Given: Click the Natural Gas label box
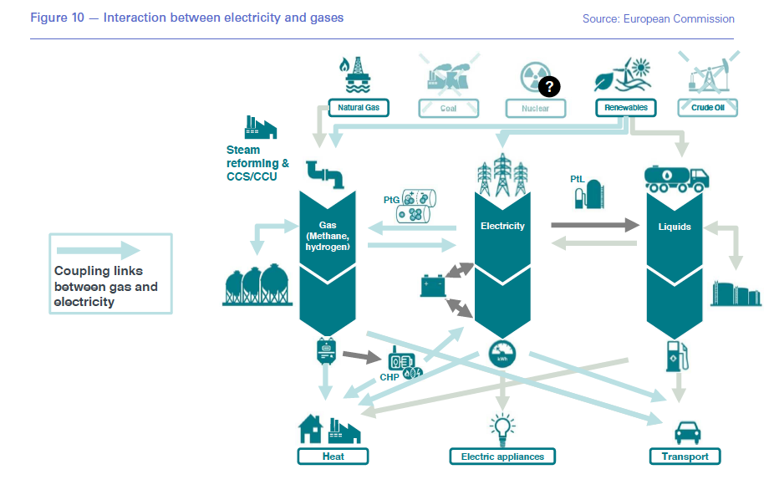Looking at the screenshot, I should click(359, 108).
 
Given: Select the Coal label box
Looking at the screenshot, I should click(449, 108).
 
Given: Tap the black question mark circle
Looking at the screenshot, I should click(549, 86).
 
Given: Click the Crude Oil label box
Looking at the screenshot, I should click(708, 108).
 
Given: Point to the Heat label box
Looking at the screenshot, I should click(333, 457).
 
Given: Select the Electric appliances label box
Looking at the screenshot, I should click(502, 457).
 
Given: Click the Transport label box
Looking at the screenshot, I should click(685, 457).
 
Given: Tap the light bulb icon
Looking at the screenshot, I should click(502, 427).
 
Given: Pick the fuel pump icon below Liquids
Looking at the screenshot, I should click(677, 356).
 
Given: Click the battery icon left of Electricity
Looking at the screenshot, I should click(433, 286).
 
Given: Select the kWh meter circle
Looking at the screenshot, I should click(502, 353).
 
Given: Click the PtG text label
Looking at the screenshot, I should click(391, 201).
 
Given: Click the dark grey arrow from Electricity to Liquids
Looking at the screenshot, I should click(594, 225).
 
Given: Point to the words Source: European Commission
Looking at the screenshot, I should click(658, 18).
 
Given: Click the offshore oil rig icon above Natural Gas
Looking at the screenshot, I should click(358, 74).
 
